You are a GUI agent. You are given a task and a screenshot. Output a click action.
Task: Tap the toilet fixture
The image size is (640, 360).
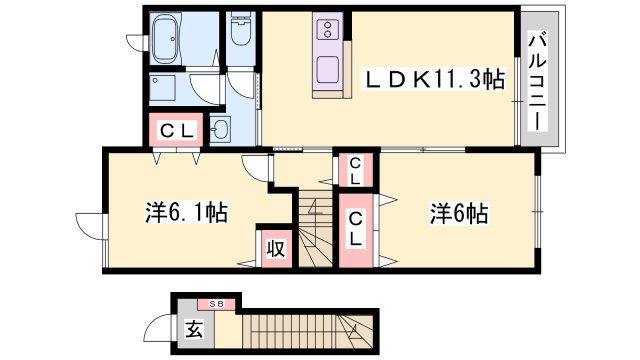(239, 35)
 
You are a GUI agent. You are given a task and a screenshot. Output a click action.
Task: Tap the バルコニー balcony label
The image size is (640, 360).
(537, 78)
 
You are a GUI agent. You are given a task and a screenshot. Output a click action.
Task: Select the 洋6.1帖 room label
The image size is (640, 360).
(186, 212)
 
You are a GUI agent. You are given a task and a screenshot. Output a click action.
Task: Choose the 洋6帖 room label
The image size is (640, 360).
(459, 212)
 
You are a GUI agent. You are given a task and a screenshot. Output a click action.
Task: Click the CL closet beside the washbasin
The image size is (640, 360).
(176, 129)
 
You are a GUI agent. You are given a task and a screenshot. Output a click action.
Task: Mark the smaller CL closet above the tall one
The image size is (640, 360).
(356, 170)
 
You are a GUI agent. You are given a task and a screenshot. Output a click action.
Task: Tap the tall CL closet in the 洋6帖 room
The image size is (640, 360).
(356, 232)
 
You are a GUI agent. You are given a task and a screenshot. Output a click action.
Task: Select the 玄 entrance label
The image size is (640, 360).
(193, 328)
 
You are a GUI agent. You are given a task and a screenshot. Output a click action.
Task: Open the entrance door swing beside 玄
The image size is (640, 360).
(160, 327)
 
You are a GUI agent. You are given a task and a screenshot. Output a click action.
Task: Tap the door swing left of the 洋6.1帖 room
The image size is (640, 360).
(91, 224)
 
